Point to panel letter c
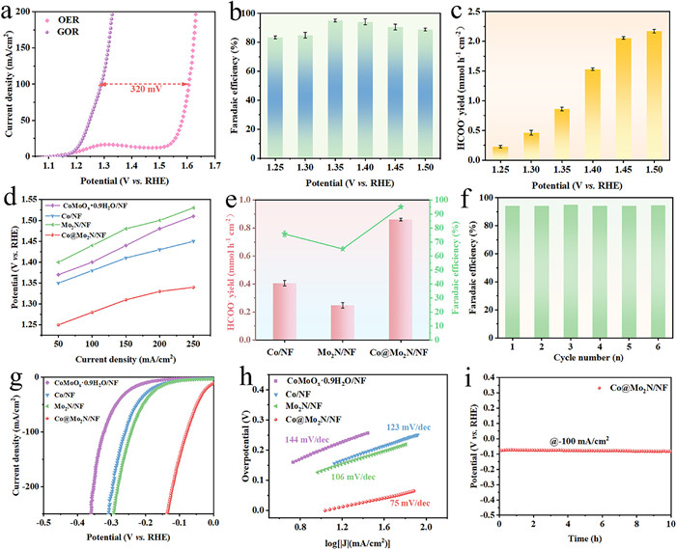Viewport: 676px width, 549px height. point(466,16)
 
